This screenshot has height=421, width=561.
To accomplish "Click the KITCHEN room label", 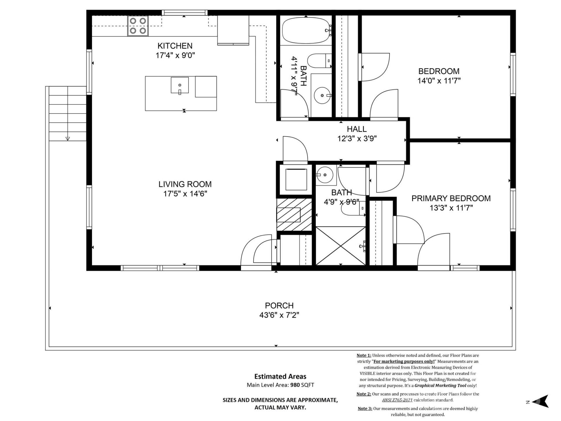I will tap(175, 46).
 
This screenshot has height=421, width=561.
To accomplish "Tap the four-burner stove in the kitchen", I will tap(138, 26).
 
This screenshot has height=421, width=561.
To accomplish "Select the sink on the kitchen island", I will tap(179, 85).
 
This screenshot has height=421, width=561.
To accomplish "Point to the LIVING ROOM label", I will tap(185, 184).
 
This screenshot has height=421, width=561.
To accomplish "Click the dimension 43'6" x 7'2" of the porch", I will tap(279, 315).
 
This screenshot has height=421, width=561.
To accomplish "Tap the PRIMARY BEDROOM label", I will tap(451, 199).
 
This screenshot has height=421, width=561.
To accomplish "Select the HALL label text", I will tap(356, 129).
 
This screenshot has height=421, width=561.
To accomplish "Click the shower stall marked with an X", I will tap(341, 246).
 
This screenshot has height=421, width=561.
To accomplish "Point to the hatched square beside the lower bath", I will tap(294, 215).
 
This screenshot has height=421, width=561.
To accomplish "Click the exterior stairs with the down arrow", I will tap(67, 114).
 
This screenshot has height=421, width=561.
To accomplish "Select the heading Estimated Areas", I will tap(280, 377).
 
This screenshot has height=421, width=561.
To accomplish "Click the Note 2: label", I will tap(363, 394).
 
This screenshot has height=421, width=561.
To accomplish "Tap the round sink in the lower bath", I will tap(325, 175).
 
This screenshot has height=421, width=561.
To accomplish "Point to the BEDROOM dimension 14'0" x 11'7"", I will tap(439, 81).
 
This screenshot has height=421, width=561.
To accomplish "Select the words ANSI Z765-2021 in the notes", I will tap(397, 400).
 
